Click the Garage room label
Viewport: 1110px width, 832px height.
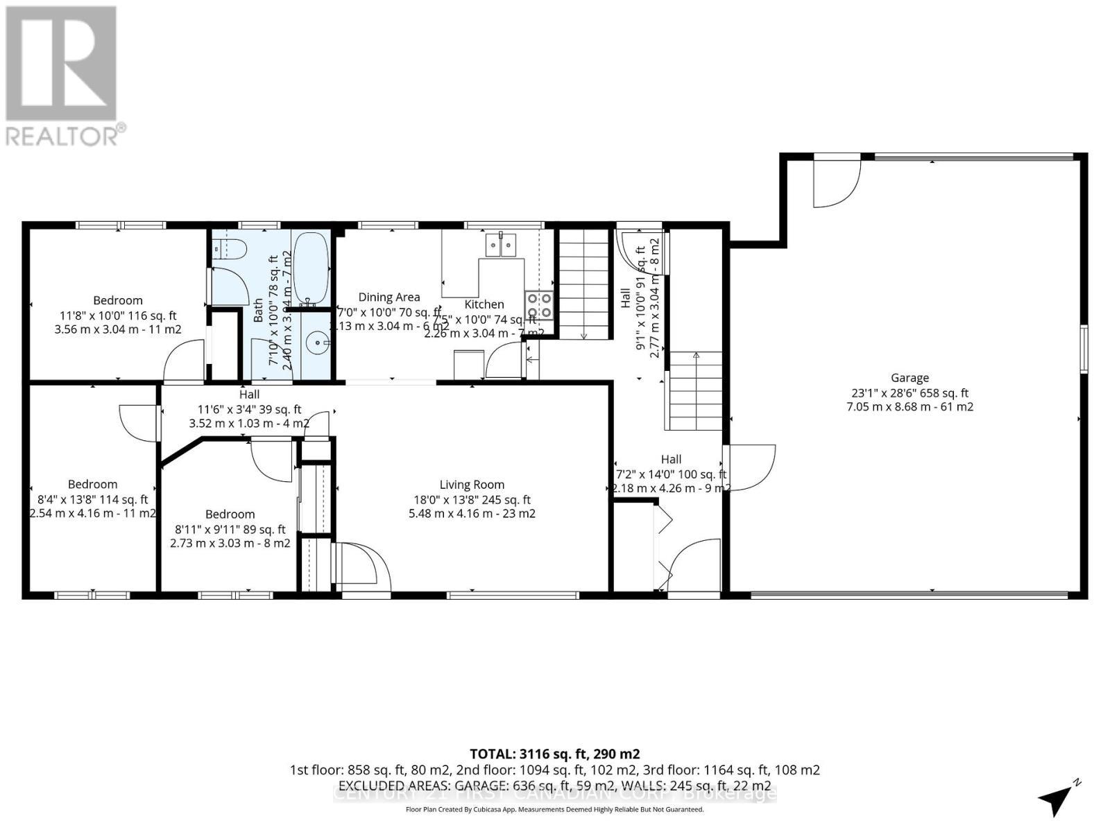(910, 378)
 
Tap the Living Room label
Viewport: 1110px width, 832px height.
(472, 485)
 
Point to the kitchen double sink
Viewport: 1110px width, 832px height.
(501, 245)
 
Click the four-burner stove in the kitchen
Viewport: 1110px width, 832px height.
(539, 305)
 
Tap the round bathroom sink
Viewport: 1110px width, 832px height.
(318, 340)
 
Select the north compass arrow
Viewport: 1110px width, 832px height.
(1058, 799)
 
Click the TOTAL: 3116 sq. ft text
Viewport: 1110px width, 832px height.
(554, 754)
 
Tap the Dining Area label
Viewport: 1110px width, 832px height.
(388, 297)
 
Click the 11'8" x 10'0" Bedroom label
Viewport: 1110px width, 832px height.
(118, 300)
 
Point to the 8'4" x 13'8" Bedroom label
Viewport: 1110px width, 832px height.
(92, 484)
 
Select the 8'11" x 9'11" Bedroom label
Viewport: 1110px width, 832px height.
(230, 514)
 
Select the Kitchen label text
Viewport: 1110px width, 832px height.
(484, 304)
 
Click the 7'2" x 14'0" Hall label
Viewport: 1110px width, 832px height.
(671, 459)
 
